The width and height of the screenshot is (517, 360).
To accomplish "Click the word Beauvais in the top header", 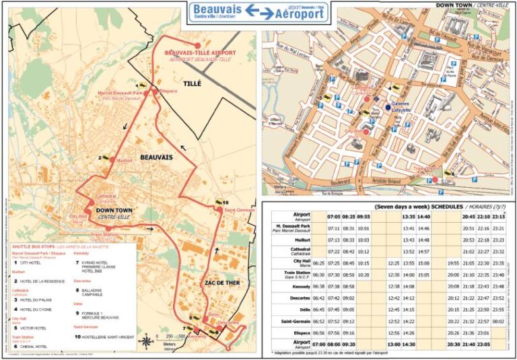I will tap(217, 8).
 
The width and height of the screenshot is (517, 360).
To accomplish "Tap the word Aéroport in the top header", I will tap(303, 13).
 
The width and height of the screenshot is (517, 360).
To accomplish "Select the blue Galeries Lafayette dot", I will tap(388, 108).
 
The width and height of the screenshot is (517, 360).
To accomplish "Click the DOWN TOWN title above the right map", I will tap(456, 5).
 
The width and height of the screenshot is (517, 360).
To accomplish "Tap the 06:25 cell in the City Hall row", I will tap(316, 263).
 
